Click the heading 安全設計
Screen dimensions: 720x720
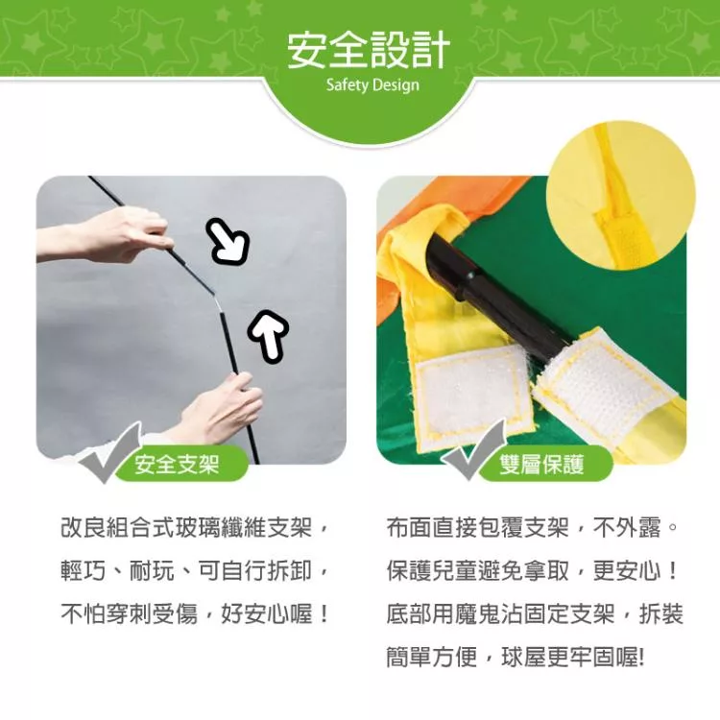coord(369,51)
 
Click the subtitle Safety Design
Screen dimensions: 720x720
coord(372,84)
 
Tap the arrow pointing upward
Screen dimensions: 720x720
coord(268,334)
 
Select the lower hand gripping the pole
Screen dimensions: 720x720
coord(216,410)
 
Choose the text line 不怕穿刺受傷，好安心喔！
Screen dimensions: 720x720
coord(195,614)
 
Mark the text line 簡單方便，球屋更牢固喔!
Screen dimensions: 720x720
coord(516,657)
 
